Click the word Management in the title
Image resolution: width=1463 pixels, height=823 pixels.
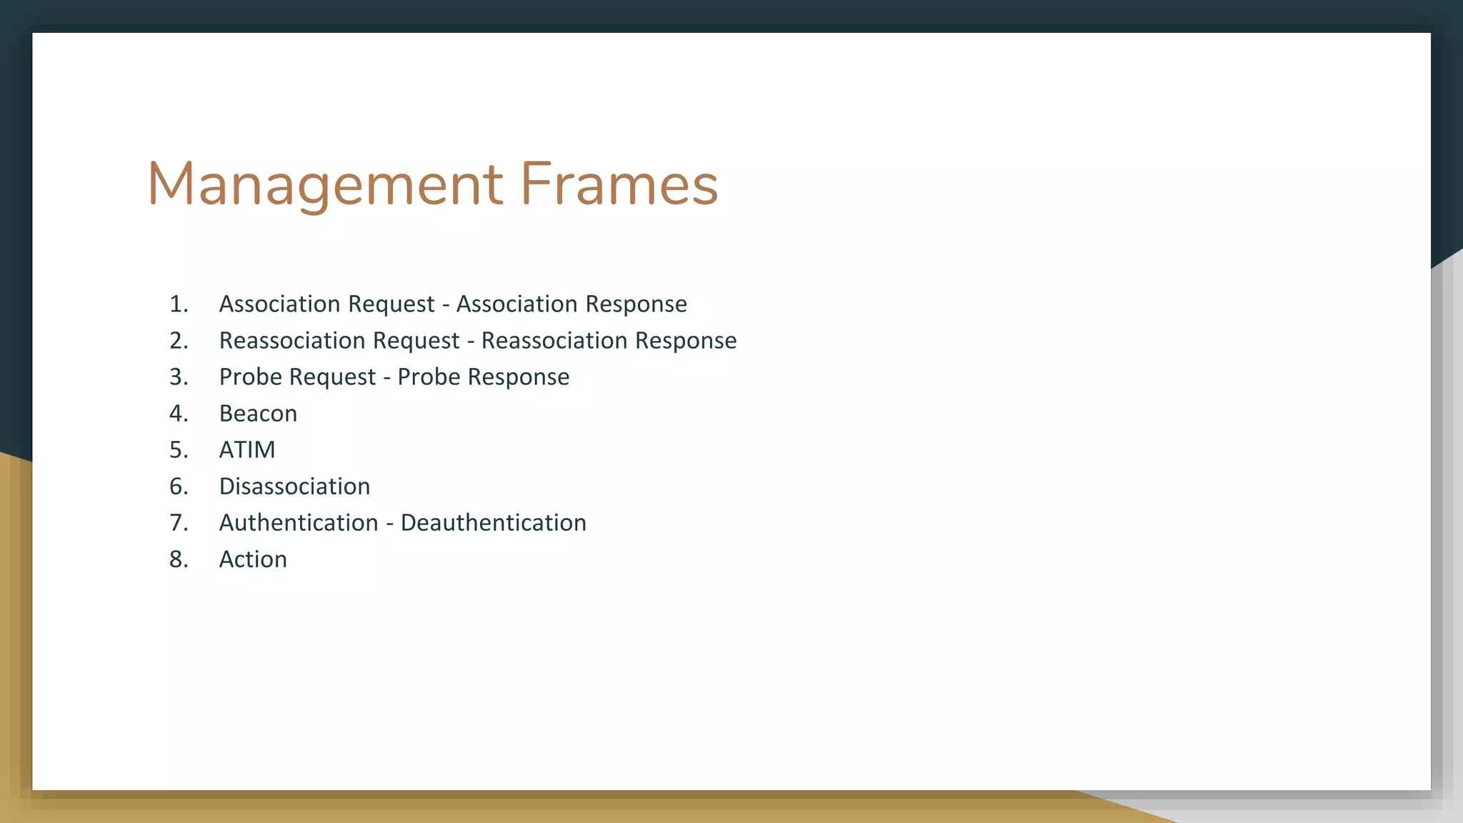(325, 184)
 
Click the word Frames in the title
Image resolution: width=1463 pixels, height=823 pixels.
(619, 184)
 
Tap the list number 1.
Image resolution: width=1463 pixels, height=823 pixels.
(178, 304)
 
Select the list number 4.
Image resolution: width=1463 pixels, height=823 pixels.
(178, 414)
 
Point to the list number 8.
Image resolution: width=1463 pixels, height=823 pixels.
(179, 559)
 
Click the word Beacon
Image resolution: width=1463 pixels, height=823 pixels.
(258, 414)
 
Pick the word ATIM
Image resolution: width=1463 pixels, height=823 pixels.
(247, 450)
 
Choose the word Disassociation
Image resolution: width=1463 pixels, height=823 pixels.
(294, 487)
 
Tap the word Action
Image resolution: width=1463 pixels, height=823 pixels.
(253, 559)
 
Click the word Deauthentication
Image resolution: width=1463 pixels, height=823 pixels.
(493, 523)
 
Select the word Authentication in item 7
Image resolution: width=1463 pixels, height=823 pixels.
(299, 523)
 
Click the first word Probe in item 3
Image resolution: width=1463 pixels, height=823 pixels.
(250, 377)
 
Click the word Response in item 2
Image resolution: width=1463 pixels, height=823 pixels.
(686, 341)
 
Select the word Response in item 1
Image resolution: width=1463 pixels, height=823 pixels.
(636, 304)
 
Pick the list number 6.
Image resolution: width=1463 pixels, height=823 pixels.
(179, 487)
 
